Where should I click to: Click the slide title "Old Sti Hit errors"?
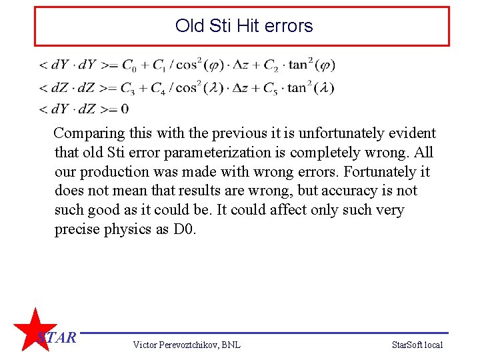coord(243,26)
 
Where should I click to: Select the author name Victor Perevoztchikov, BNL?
coord(187,345)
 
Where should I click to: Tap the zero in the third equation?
coord(125,109)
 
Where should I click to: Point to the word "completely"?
coord(317,153)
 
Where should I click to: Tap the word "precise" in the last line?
coord(77,229)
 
